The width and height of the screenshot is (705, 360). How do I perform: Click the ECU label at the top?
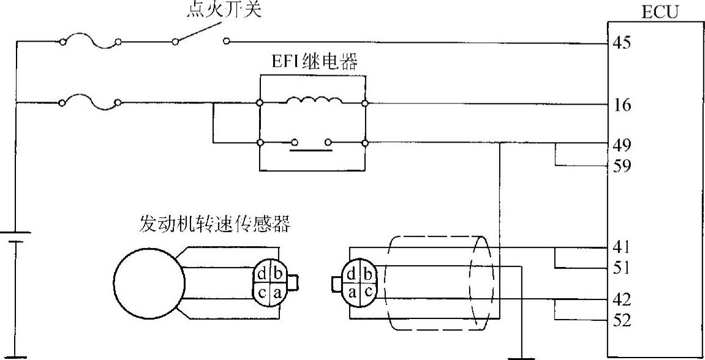click(659, 12)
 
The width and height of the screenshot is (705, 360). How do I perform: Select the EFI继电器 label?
click(314, 62)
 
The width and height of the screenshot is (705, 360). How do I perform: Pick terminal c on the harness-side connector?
click(368, 293)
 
